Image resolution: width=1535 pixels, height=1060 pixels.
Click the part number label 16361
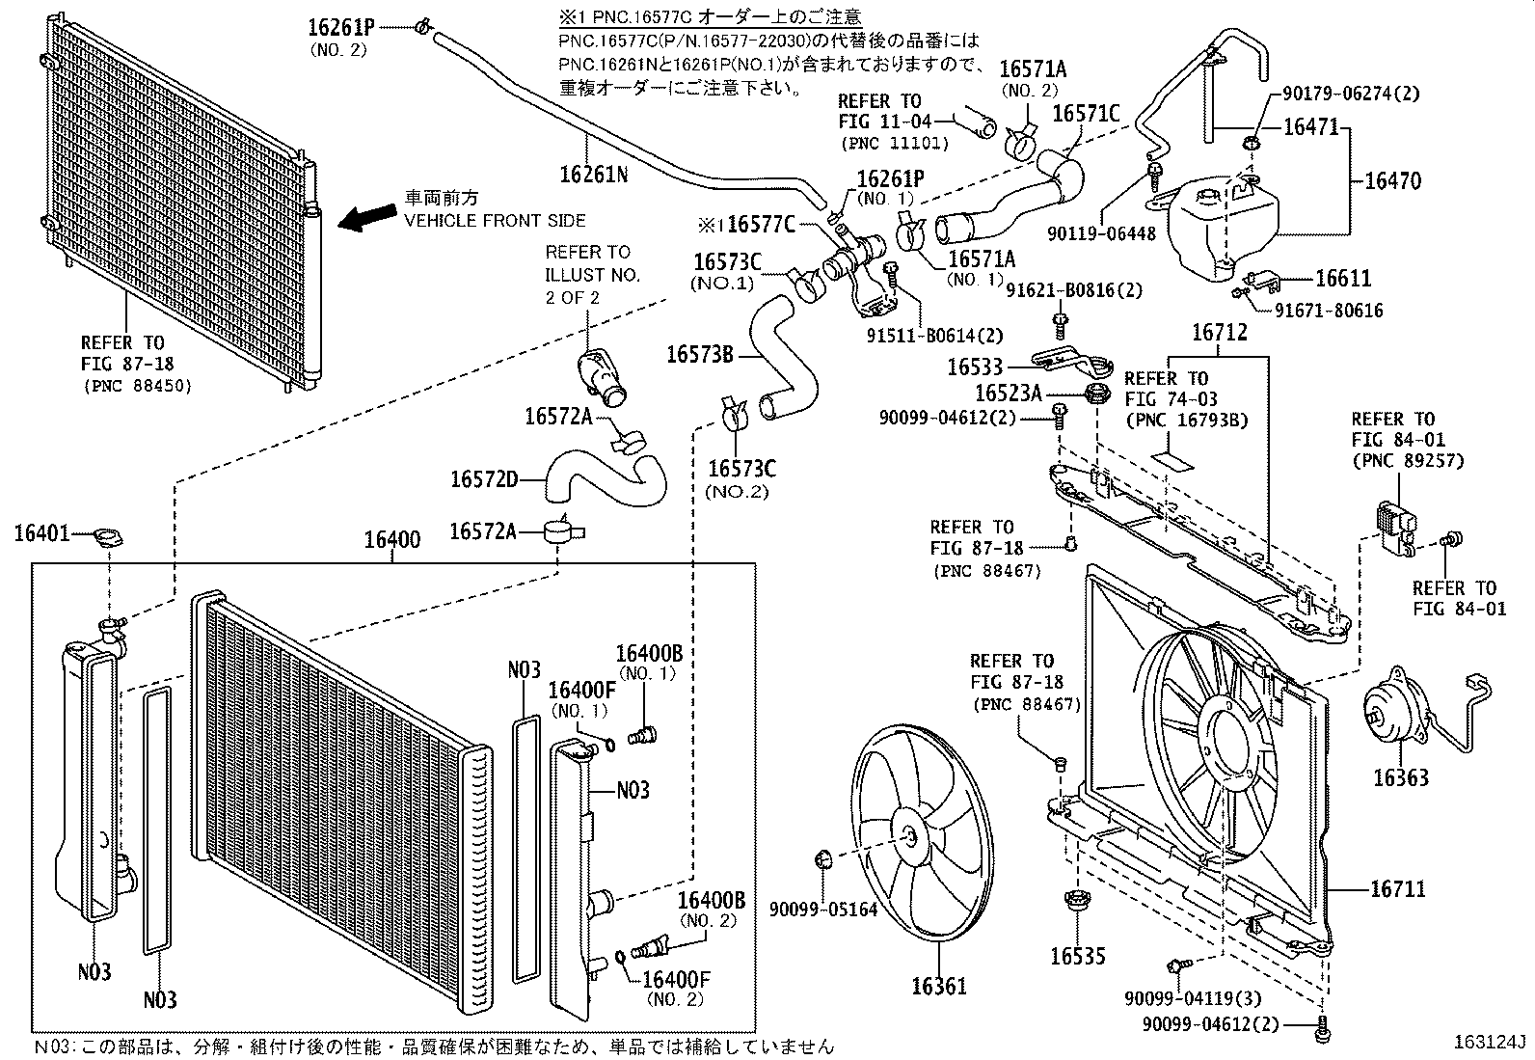[x=938, y=987]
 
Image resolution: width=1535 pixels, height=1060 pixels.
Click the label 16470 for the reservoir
[x=1391, y=180]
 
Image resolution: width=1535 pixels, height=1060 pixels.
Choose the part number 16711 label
[x=1398, y=888]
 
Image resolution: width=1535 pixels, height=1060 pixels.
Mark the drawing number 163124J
[x=1492, y=1043]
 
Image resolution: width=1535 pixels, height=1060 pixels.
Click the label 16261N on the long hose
[x=593, y=174]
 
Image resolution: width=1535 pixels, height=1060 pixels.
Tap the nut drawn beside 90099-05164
[x=823, y=857]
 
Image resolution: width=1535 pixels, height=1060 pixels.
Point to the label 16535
[x=1077, y=956]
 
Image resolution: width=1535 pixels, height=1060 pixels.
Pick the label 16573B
[x=700, y=355]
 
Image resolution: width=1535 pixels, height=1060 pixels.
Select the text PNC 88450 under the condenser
[x=136, y=386]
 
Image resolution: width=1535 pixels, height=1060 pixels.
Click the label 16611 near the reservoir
[x=1343, y=278]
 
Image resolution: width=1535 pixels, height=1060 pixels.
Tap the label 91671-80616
[x=1329, y=311]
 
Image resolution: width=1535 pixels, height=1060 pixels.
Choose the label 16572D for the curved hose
[x=484, y=478]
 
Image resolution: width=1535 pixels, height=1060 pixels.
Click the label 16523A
[x=1009, y=393]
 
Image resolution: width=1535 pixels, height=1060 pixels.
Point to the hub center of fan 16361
[x=910, y=837]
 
